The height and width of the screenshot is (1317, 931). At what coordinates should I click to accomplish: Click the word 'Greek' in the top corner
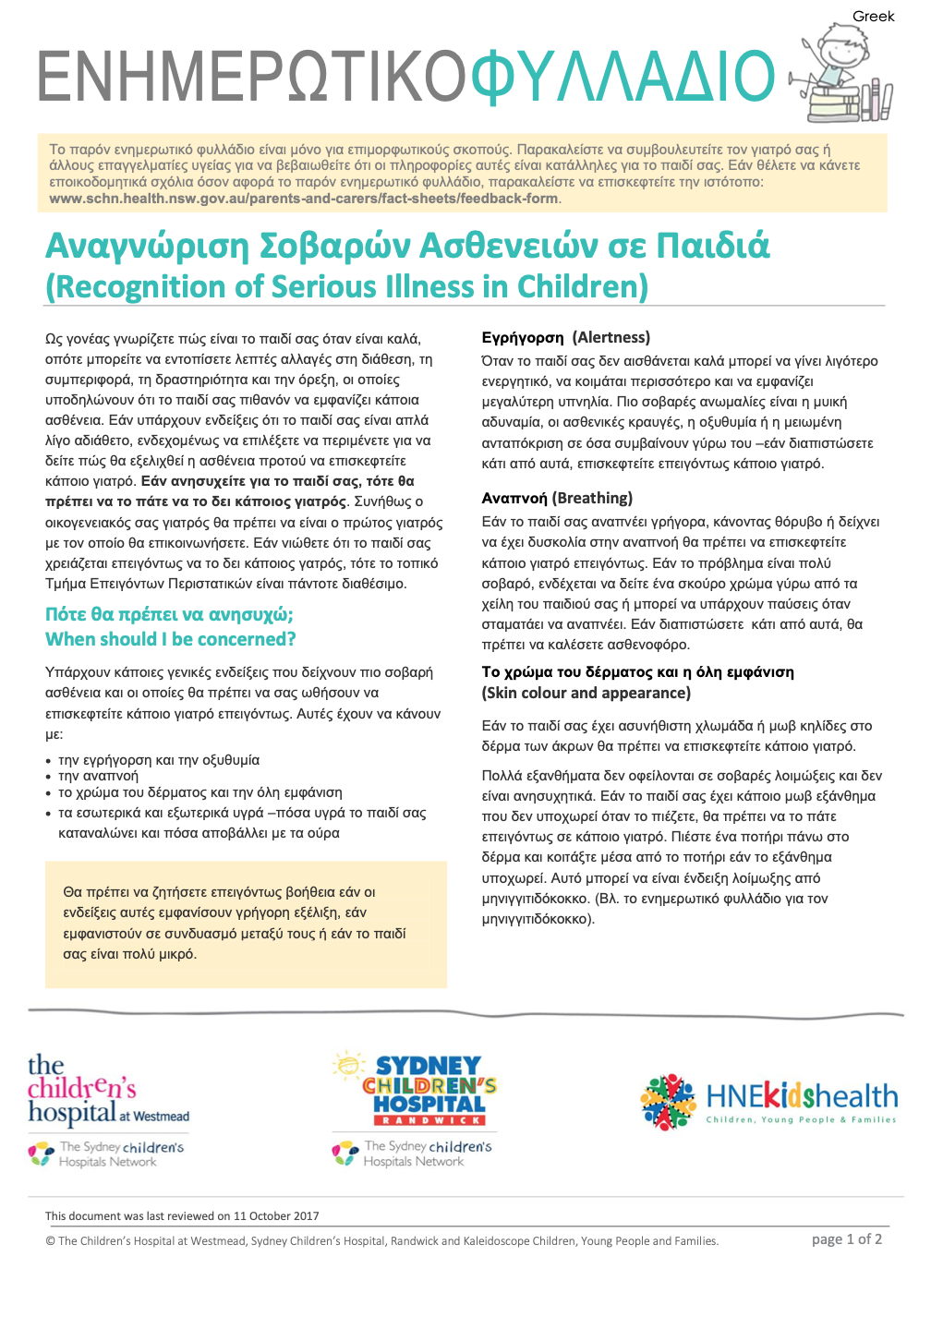pos(873,16)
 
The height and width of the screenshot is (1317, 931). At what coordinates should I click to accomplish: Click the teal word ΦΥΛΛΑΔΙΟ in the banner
pos(622,77)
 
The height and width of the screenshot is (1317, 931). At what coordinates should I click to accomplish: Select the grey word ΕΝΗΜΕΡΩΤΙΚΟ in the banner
pos(252,77)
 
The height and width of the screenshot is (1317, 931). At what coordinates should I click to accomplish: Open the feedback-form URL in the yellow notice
pos(304,199)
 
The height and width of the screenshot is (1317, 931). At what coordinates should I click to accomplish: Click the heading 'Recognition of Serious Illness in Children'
pos(346,286)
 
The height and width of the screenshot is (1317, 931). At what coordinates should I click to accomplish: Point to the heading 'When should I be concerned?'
pos(171,639)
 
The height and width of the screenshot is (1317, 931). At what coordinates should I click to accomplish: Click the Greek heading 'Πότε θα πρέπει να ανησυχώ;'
pos(169,615)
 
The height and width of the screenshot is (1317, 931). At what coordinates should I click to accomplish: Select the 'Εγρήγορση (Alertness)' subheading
pos(565,337)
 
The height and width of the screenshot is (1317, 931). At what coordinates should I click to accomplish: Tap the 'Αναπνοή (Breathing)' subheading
pos(557,498)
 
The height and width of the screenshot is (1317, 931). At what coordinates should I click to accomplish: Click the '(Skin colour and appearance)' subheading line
pos(586,693)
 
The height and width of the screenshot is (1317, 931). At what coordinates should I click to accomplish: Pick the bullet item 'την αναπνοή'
pos(98,776)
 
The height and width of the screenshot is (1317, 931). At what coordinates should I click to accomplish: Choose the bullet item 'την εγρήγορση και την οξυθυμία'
pos(159,760)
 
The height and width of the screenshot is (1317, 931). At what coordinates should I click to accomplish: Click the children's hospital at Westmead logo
pos(107,1093)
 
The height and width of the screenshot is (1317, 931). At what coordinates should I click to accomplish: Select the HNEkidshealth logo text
pos(801,1097)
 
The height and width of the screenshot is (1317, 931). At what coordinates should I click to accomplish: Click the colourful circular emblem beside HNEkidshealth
pos(668,1102)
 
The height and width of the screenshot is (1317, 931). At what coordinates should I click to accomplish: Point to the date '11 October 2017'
pos(276,1215)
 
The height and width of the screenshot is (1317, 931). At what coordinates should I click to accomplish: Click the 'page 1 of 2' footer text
pos(846,1239)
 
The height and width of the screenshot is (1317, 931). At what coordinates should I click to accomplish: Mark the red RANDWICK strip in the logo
pos(429,1120)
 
